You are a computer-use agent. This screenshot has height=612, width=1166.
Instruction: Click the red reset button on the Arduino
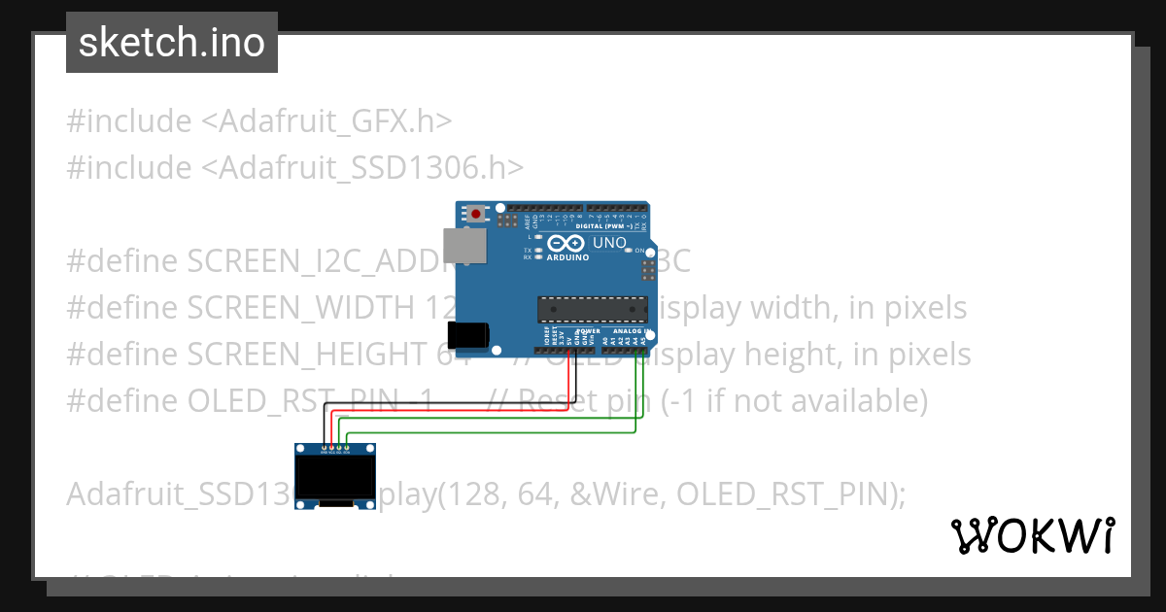click(x=476, y=212)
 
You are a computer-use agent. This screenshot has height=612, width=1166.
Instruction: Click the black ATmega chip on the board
click(x=593, y=308)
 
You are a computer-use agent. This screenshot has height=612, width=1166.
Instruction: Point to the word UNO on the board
click(x=609, y=243)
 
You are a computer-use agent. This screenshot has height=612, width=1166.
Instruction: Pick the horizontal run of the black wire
click(x=447, y=403)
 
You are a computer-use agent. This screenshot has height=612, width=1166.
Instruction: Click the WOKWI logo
click(x=1033, y=535)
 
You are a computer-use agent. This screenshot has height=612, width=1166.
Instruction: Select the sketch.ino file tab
click(x=172, y=43)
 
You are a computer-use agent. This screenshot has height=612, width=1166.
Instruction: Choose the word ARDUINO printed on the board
click(x=568, y=257)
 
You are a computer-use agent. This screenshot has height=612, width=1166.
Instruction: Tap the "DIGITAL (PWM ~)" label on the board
click(x=604, y=225)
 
